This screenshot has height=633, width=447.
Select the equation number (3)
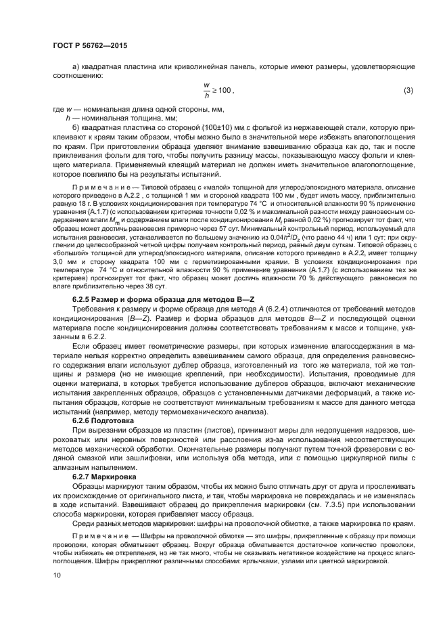(408, 90)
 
